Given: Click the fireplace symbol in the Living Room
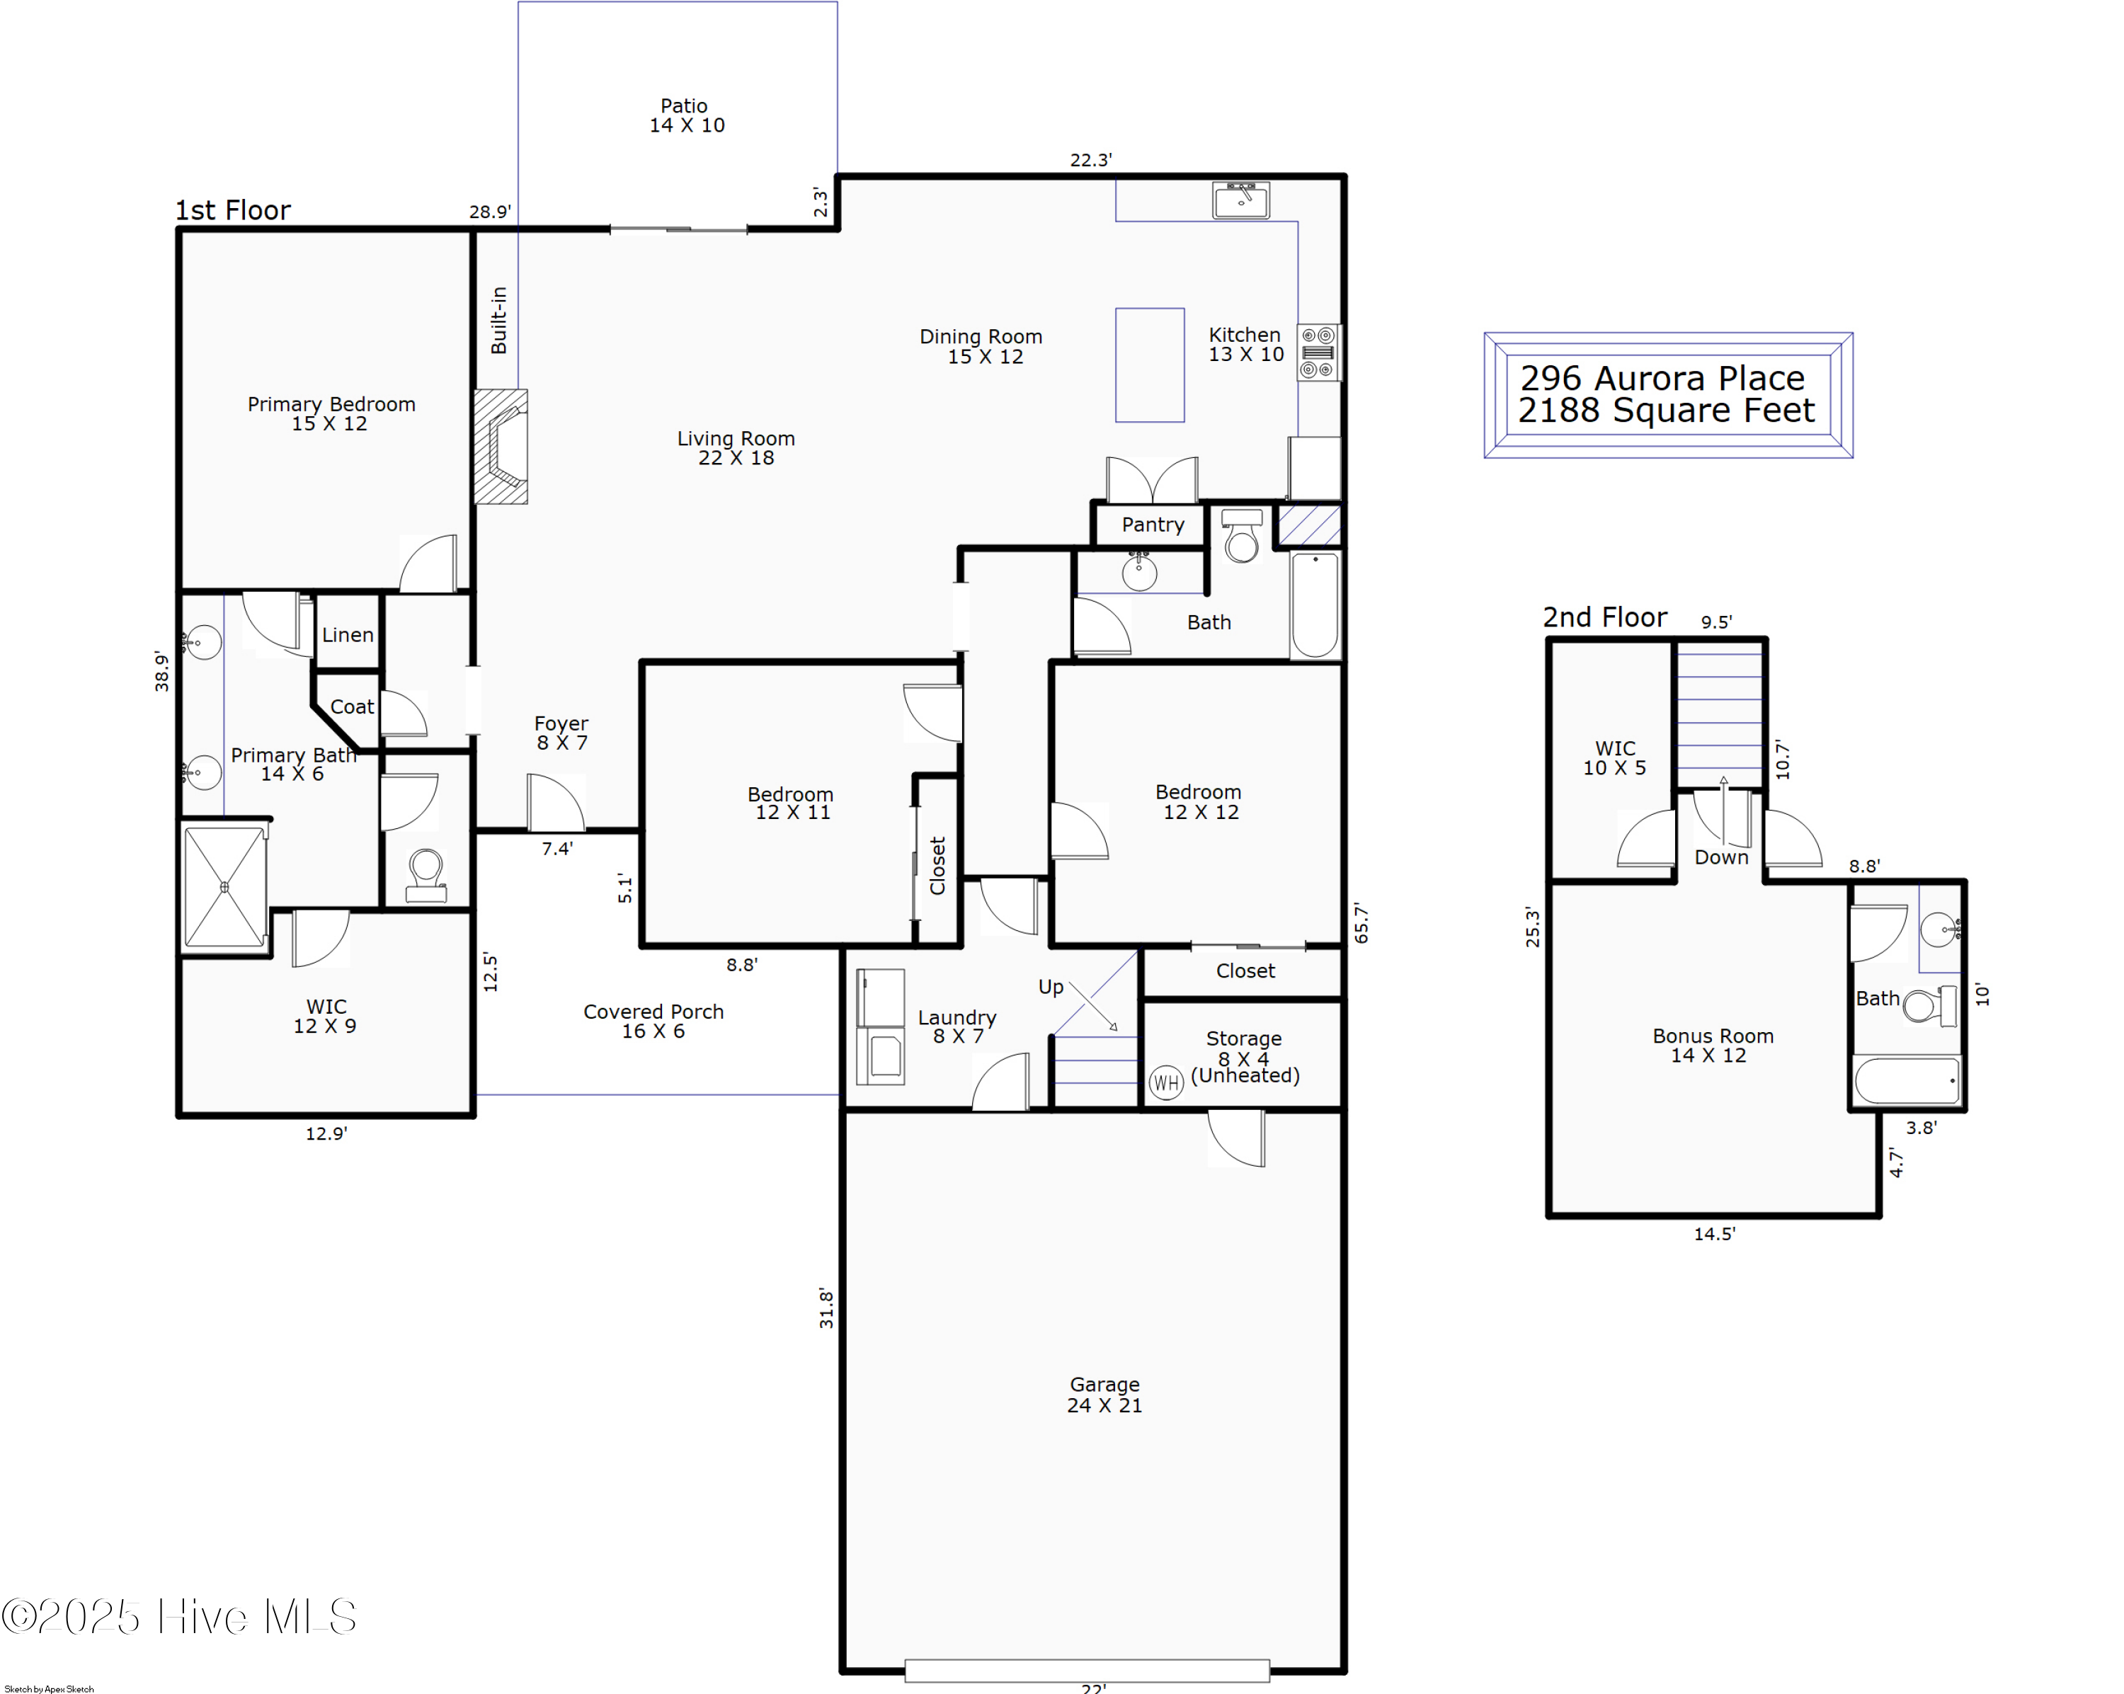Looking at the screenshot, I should tap(501, 446).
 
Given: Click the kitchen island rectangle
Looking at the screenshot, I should tap(1150, 365).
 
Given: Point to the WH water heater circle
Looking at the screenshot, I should tap(1165, 1083).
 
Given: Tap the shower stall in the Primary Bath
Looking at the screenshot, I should tap(224, 886).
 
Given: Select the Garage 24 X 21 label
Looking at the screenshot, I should tap(1104, 1395).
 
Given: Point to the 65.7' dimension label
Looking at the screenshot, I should tap(1361, 923).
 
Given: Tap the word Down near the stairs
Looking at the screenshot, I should tap(1721, 857).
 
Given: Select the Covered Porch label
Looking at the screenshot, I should tap(653, 1020).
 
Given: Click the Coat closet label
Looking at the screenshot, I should tap(352, 706).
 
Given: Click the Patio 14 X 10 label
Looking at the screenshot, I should tap(685, 115).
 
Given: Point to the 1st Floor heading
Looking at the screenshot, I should tap(232, 210).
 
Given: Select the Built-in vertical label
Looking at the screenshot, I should tap(499, 320).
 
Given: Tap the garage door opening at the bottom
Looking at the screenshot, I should tap(1087, 1669).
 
